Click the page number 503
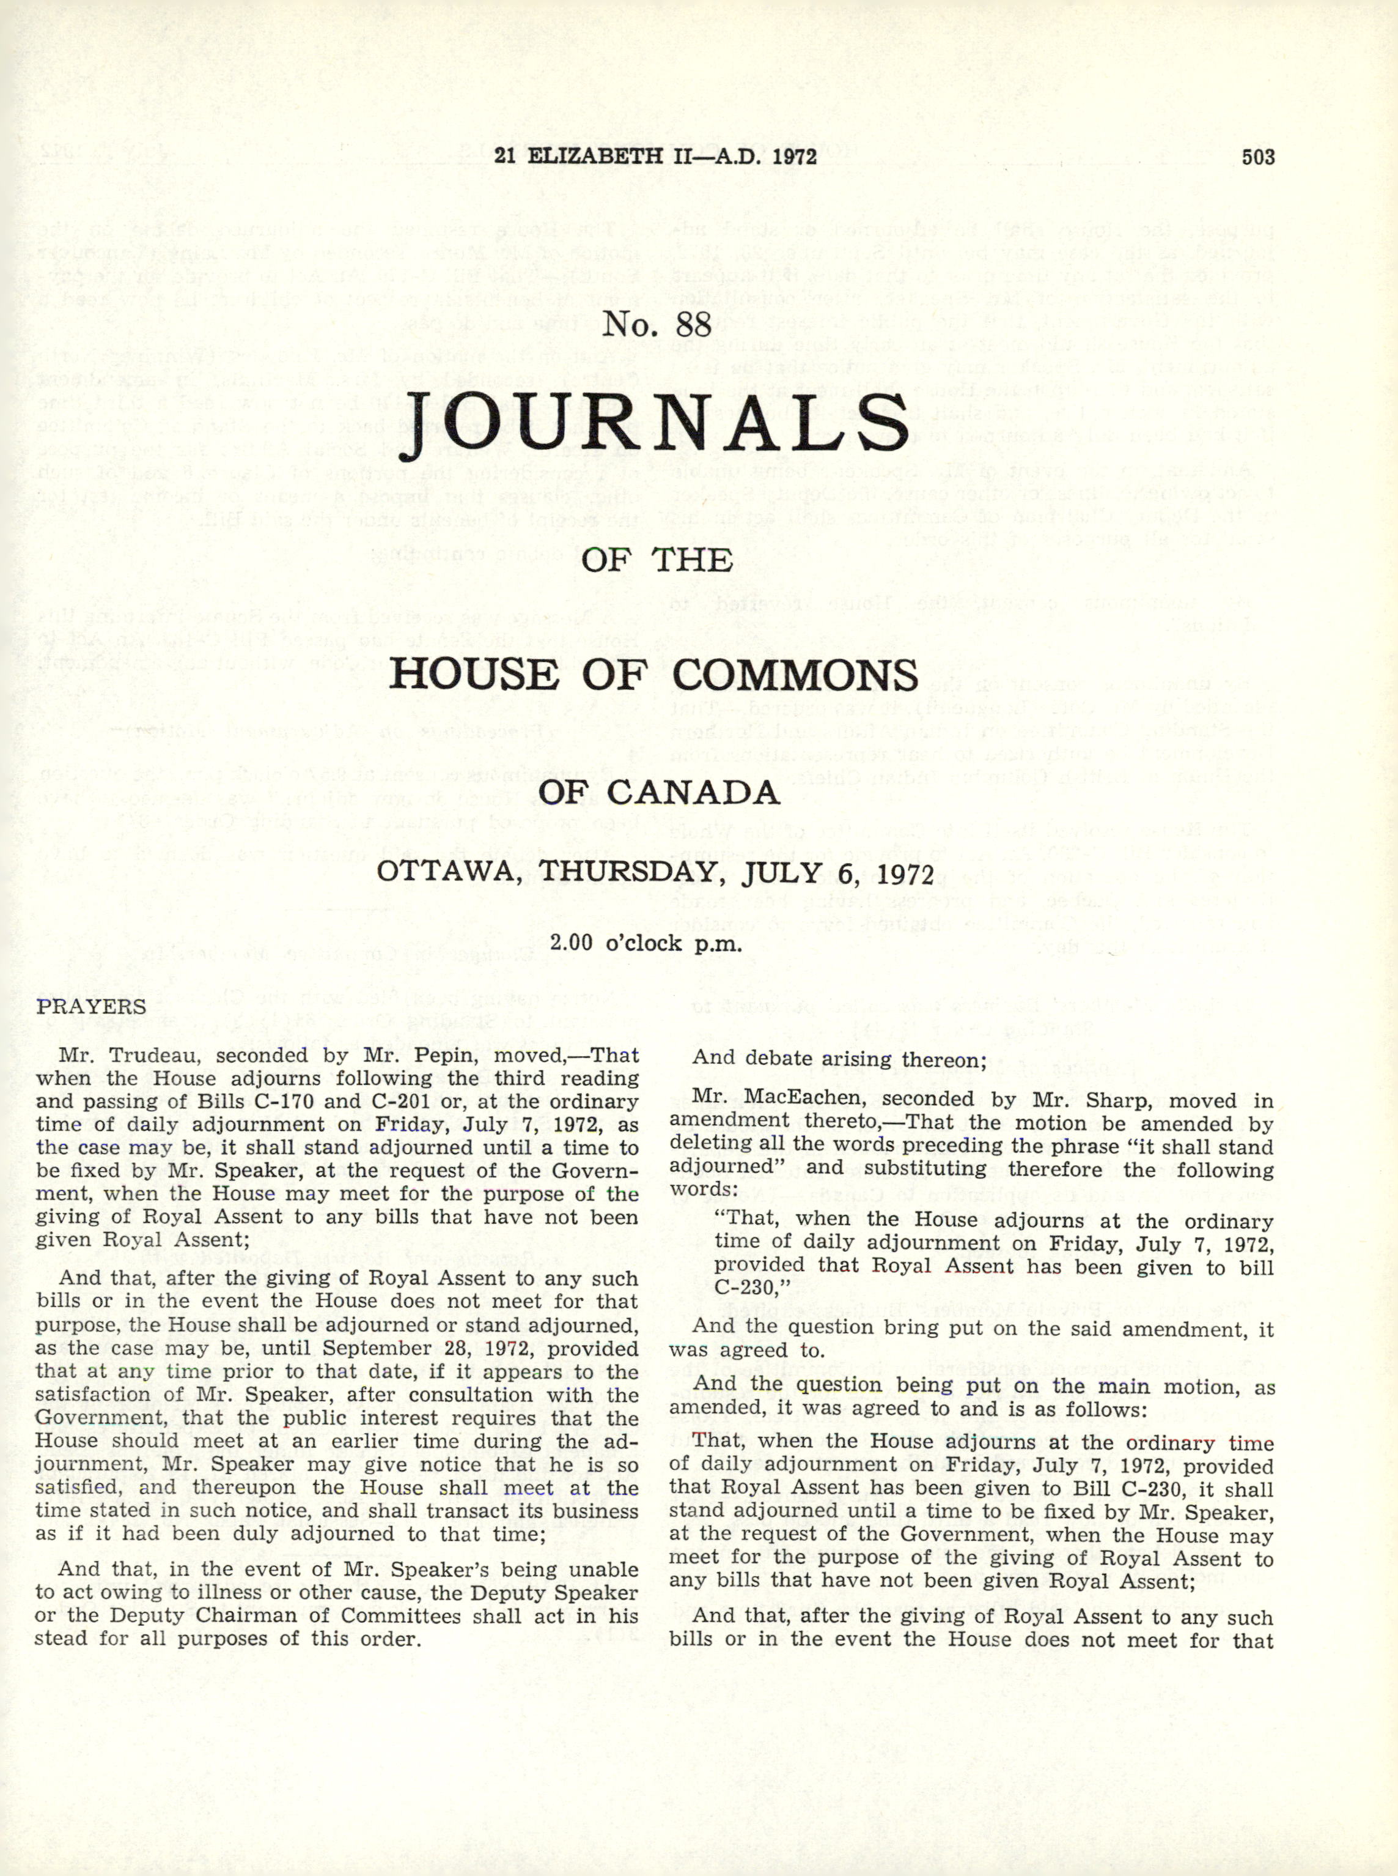[x=1257, y=157]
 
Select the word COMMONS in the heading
[x=795, y=675]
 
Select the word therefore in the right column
[x=1054, y=1170]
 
